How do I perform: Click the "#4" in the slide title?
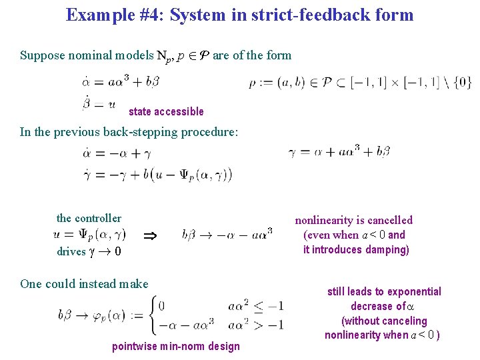151,15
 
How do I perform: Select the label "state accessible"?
166,111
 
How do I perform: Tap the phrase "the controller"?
89,218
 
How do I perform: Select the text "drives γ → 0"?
89,251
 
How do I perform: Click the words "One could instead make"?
84,284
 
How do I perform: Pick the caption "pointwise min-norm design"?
175,346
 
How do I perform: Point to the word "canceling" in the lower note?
402,321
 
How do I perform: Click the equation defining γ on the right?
339,151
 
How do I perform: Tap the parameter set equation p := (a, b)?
360,83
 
